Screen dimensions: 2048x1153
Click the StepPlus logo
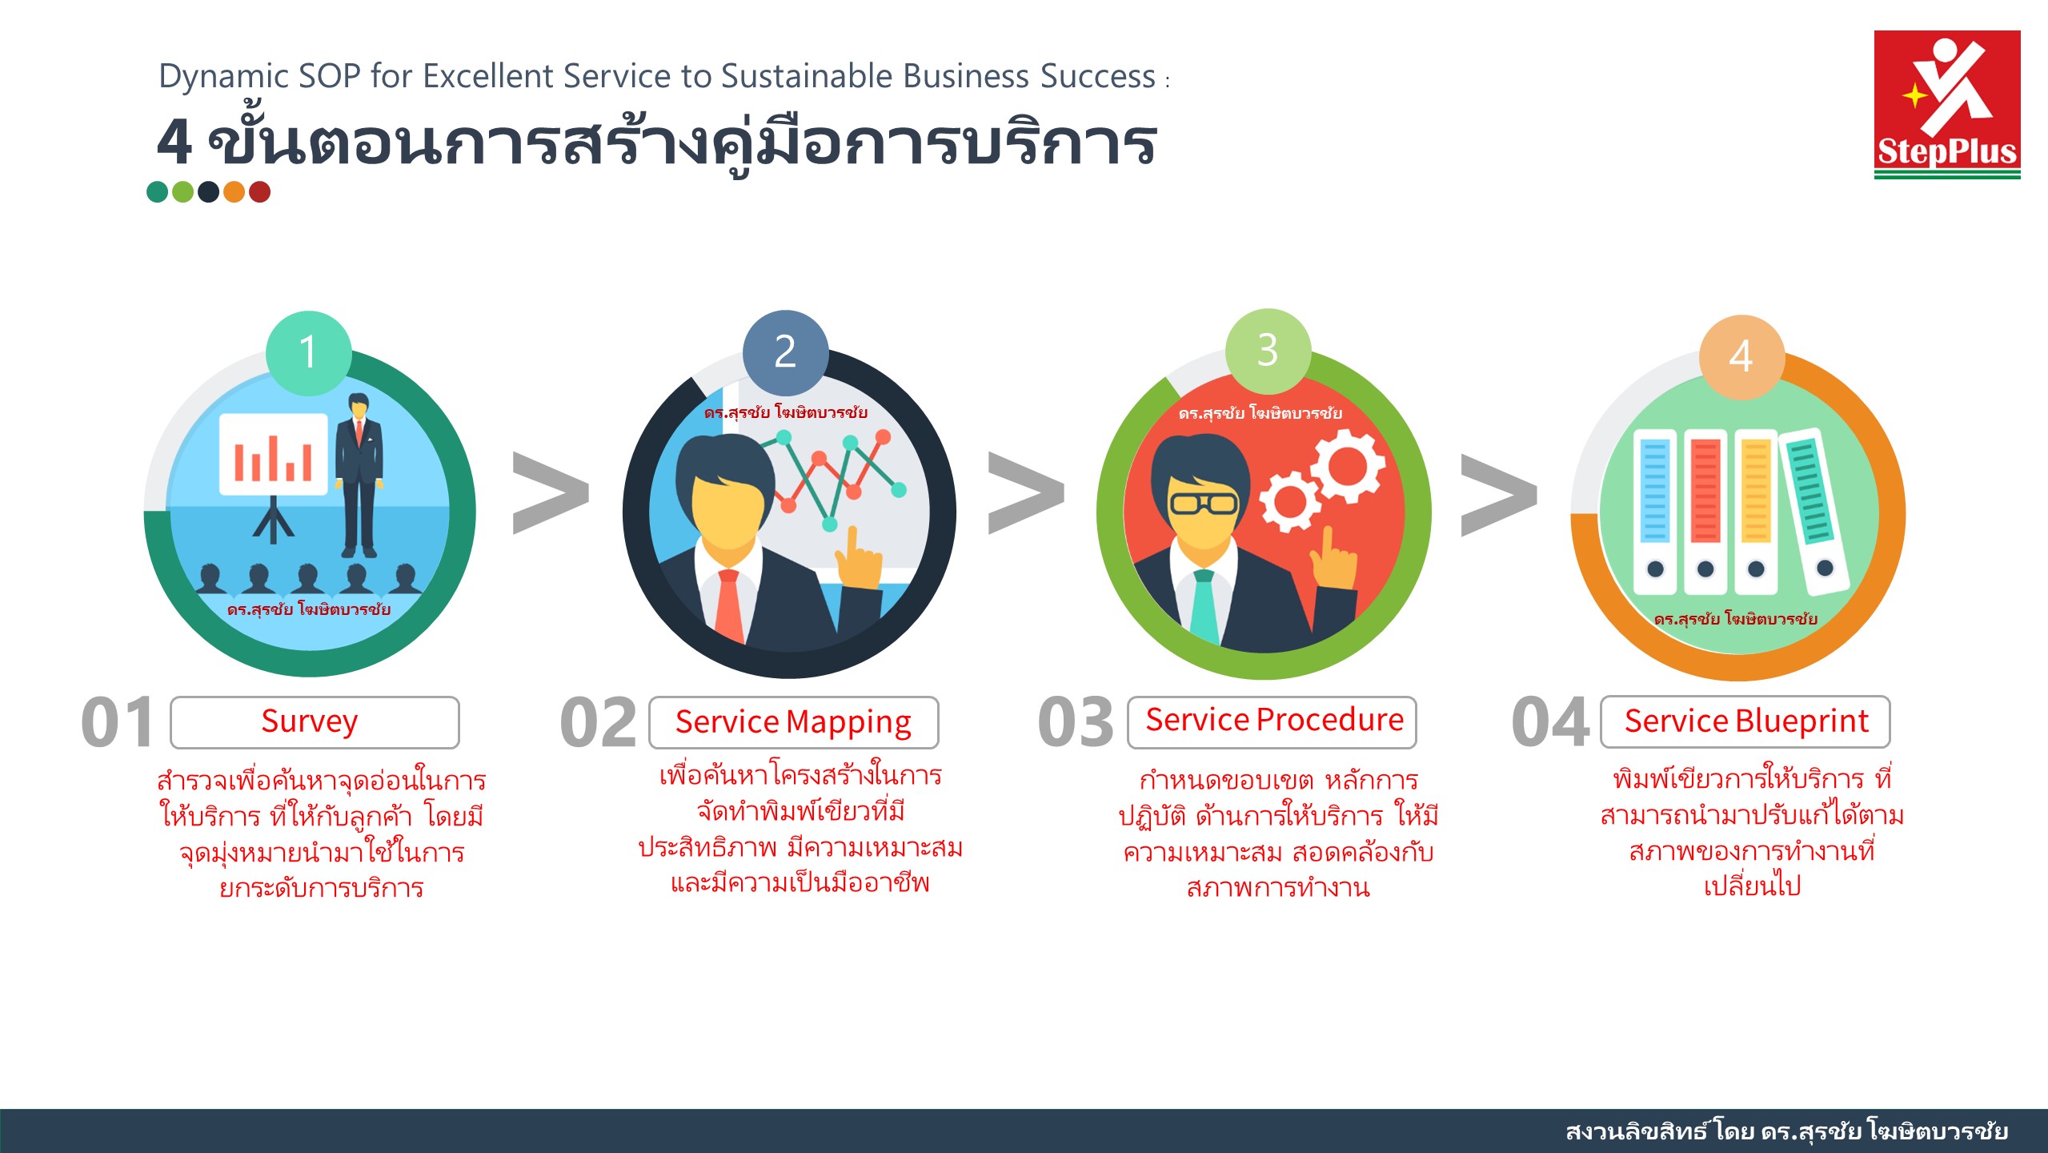(x=1946, y=104)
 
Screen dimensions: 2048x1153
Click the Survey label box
(x=315, y=722)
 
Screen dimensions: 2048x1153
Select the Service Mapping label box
(x=793, y=722)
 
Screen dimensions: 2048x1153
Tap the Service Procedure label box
(x=1272, y=722)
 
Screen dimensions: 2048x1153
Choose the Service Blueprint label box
(x=1745, y=722)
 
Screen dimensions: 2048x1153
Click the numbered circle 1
(x=308, y=353)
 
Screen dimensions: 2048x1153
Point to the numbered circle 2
(x=785, y=352)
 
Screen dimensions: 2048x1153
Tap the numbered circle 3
(x=1268, y=351)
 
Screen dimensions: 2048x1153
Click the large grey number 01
(x=118, y=722)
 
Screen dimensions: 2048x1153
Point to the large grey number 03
(x=1075, y=722)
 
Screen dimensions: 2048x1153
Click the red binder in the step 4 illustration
(x=1705, y=512)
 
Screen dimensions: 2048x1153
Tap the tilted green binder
(x=1814, y=511)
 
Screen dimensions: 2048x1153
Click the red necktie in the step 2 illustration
(x=728, y=605)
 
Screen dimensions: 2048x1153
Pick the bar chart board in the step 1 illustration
(x=274, y=455)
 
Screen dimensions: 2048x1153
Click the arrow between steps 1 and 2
(x=551, y=492)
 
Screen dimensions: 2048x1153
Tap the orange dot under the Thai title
(x=234, y=192)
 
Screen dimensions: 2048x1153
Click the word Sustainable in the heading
(x=807, y=77)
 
